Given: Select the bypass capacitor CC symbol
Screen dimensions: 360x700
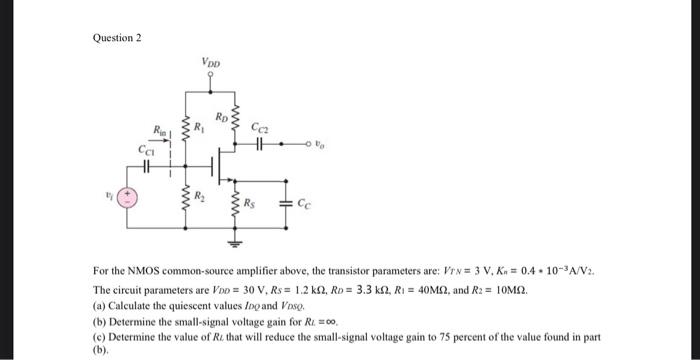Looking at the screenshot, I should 287,207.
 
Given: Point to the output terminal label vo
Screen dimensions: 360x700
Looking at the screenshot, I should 320,143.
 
